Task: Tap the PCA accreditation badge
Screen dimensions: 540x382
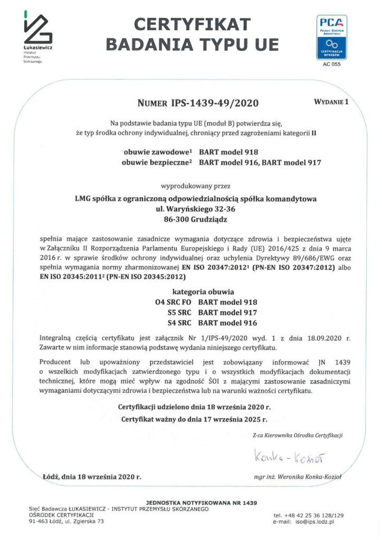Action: (x=331, y=36)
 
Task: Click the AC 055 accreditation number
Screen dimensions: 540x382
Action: (x=331, y=65)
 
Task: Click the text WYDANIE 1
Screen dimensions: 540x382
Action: (x=331, y=100)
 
